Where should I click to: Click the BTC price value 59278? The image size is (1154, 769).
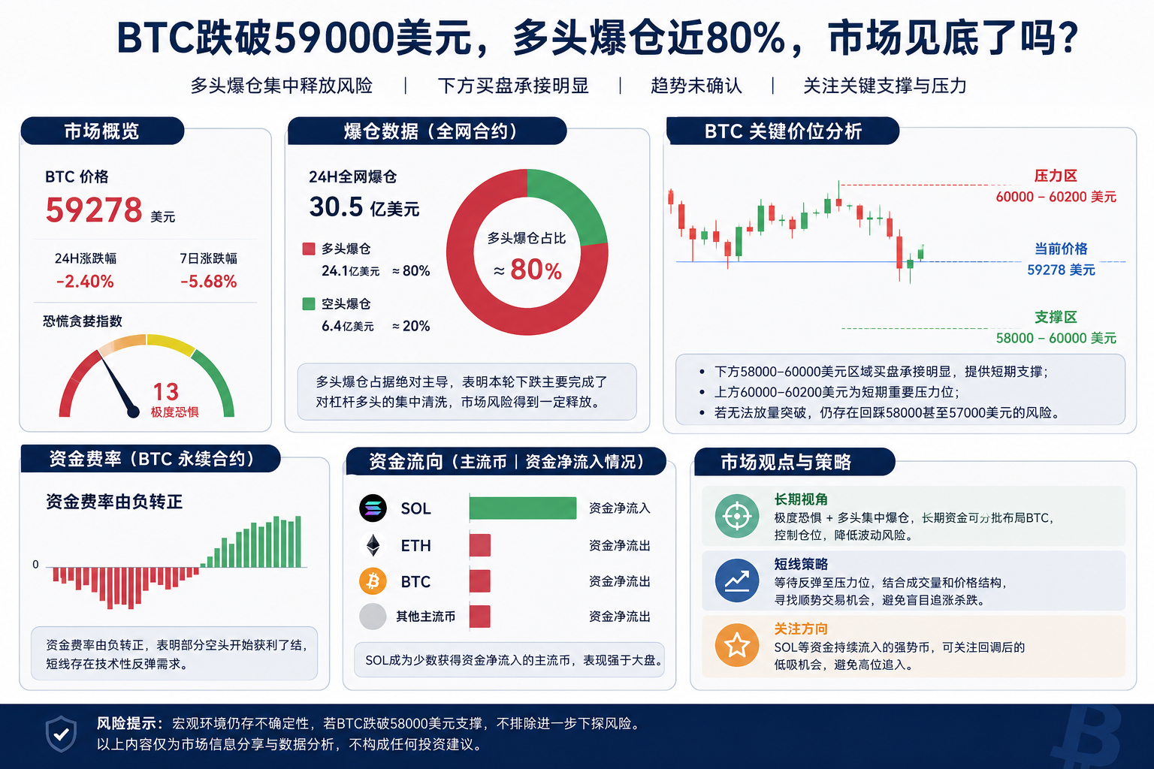tap(94, 210)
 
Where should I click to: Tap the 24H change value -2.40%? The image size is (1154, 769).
tap(85, 281)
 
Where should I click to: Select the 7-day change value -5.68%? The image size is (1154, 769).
tap(209, 281)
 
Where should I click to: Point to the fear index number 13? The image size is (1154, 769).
tap(166, 391)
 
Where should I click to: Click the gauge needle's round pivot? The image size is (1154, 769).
tap(133, 412)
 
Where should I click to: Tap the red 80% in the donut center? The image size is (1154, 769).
tap(536, 270)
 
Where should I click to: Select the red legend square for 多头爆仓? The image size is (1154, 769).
tap(309, 249)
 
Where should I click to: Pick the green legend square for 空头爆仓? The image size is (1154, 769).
tap(309, 304)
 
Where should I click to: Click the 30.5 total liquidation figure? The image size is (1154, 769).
tap(336, 207)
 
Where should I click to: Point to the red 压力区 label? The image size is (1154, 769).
tap(1056, 176)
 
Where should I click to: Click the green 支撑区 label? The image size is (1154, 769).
tap(1056, 317)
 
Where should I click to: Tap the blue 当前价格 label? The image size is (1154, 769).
tap(1061, 249)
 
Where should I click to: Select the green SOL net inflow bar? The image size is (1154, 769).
tap(523, 508)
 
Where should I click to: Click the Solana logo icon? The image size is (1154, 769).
tap(373, 508)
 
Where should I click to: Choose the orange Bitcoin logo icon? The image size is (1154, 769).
tap(373, 581)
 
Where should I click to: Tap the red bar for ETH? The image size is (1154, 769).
tap(479, 545)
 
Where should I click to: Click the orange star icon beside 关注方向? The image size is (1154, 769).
tap(737, 645)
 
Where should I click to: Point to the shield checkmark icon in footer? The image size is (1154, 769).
tap(62, 734)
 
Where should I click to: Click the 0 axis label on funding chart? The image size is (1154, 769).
tap(35, 564)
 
